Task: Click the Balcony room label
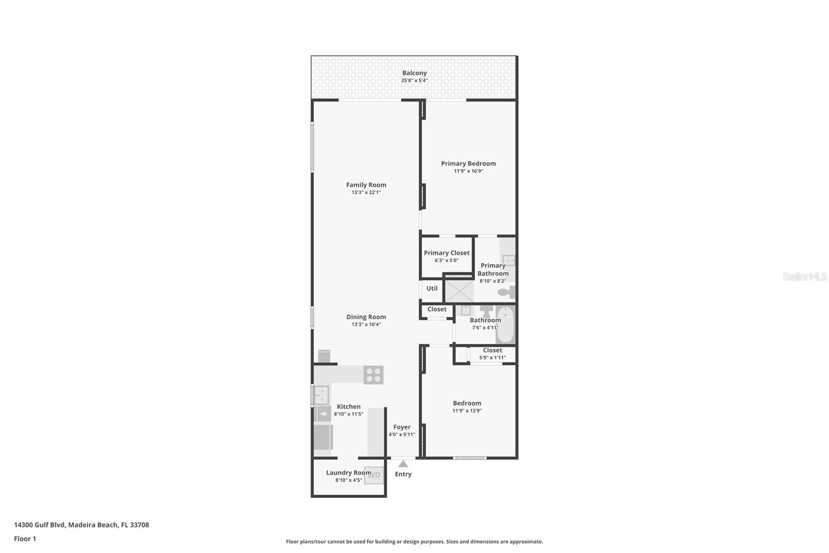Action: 414,73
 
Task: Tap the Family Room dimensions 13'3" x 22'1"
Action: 366,192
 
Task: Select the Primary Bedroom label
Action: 468,163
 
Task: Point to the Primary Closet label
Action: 446,253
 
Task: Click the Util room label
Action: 432,288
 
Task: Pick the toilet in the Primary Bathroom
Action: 507,292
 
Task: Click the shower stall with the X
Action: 459,292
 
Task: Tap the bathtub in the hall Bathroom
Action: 505,324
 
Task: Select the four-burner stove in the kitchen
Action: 373,375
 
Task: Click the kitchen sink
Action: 321,395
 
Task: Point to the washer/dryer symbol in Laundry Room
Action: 374,475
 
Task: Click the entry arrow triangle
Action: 403,464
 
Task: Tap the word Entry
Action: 403,474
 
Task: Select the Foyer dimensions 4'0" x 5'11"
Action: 402,435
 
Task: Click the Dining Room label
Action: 366,317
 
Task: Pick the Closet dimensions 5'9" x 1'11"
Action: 492,357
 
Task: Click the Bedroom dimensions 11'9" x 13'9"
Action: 467,411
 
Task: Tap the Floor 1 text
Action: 25,539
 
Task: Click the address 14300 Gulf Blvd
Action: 40,525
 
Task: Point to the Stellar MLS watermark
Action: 805,276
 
